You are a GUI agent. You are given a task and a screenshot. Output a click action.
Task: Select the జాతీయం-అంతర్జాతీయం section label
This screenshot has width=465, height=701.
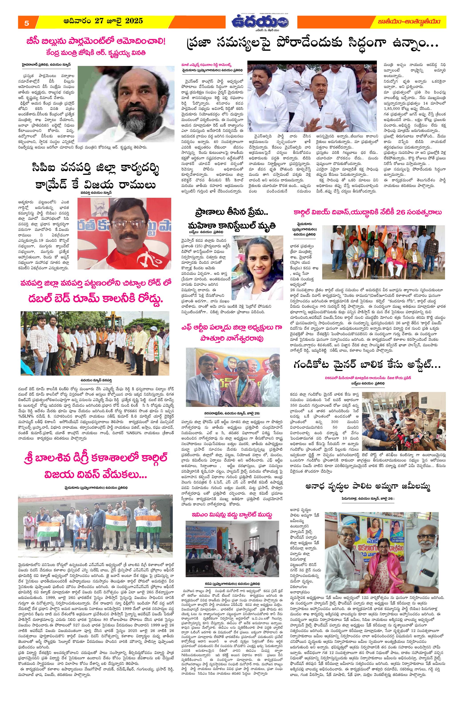[x=409, y=22]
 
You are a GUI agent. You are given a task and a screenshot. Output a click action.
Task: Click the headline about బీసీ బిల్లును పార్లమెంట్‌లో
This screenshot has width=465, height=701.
[x=95, y=42]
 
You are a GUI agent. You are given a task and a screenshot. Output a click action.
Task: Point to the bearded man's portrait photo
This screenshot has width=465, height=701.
[x=126, y=103]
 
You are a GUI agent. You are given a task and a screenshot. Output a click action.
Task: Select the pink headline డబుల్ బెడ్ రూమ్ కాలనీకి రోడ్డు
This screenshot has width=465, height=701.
[x=95, y=300]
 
